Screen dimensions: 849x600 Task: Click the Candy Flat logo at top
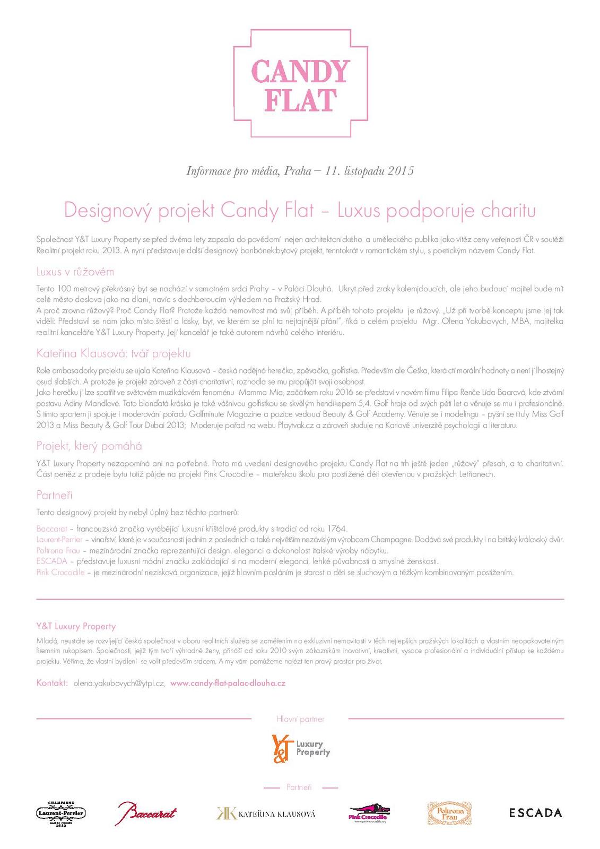click(300, 84)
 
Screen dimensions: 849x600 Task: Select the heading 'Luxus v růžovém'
click(75, 272)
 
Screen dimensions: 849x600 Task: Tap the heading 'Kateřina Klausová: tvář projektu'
click(113, 353)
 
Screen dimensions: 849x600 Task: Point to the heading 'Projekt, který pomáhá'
click(89, 446)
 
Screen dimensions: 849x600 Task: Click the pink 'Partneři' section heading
click(54, 495)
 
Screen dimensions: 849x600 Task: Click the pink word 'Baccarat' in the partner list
click(51, 529)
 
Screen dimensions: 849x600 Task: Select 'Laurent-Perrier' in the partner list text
click(59, 540)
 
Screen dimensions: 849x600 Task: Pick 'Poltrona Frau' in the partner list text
click(58, 550)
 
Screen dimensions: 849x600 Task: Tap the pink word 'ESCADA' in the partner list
click(51, 561)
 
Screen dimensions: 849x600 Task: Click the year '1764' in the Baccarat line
click(337, 529)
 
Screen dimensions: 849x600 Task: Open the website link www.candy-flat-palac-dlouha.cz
click(228, 683)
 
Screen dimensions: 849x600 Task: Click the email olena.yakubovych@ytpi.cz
click(119, 683)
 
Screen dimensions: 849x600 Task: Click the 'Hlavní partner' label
click(300, 719)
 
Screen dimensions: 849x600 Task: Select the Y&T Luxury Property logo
click(300, 748)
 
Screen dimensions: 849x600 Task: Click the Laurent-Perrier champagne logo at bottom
click(61, 813)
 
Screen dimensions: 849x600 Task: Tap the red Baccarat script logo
click(146, 813)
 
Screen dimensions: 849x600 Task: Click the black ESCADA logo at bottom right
click(535, 812)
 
